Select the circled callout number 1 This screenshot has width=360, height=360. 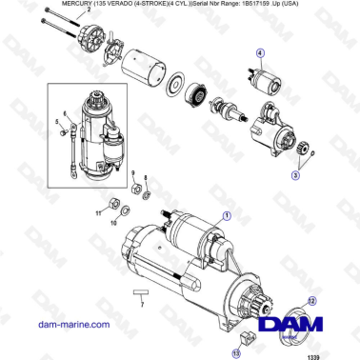click(x=226, y=216)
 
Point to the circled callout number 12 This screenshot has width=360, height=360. click(x=311, y=301)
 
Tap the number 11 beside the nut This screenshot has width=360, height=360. click(x=96, y=216)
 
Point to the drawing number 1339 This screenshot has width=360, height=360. click(x=340, y=354)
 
